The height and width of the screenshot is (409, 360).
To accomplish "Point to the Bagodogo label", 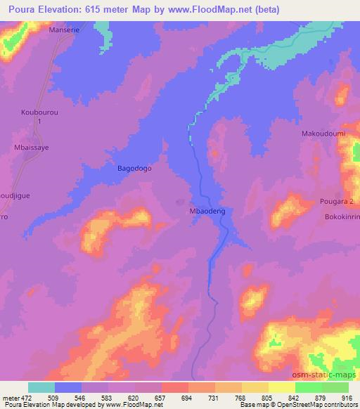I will tap(134, 169).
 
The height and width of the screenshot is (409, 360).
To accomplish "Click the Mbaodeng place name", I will tap(206, 209).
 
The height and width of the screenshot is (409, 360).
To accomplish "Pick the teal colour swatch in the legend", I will tap(41, 387).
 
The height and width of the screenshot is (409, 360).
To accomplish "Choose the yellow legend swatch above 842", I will tap(282, 387).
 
